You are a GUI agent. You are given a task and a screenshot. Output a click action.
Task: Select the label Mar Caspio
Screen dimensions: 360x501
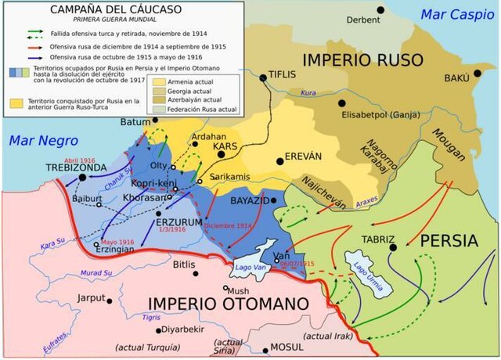(456, 14)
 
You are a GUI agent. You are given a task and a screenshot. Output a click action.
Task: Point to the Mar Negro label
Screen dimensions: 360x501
(34, 141)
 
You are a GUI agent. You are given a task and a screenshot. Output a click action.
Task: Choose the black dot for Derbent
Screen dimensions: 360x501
(380, 10)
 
